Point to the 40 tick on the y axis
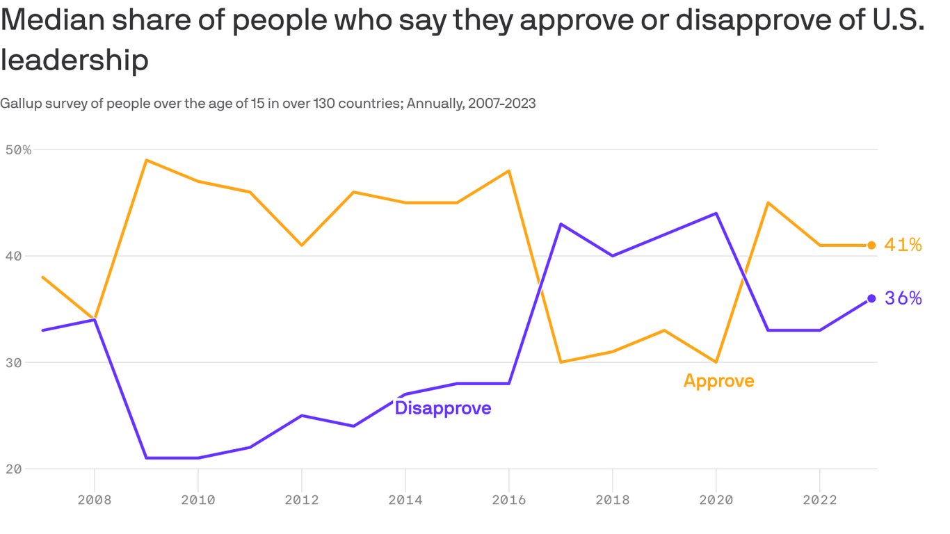coord(15,256)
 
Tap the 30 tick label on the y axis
coord(15,362)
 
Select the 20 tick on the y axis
coord(15,469)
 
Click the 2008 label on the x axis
coord(94,499)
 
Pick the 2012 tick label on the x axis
coord(301,499)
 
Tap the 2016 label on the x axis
coord(509,499)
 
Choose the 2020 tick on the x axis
coord(716,499)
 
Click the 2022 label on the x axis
coord(820,499)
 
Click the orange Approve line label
coord(718,381)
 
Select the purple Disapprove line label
coord(443,408)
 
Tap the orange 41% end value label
coord(903,245)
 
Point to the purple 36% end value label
coord(903,298)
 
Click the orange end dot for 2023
coord(871,245)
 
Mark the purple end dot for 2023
coord(871,298)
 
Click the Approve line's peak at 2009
coord(146,160)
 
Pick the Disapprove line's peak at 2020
coord(716,213)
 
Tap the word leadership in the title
coord(74,60)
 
